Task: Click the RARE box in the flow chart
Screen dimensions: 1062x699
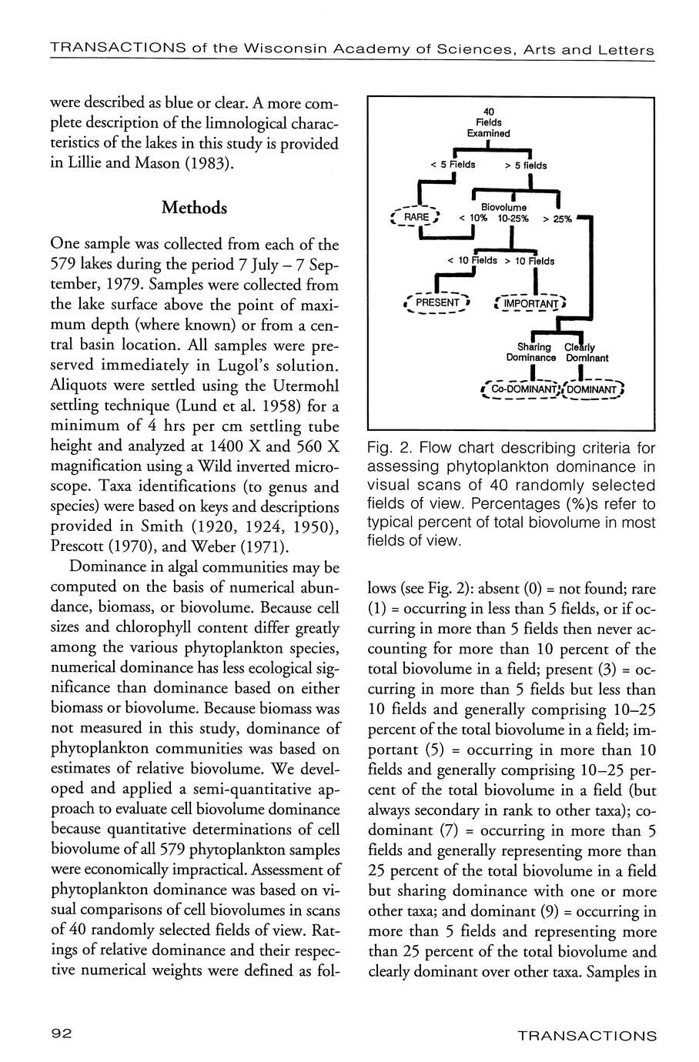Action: [x=415, y=218]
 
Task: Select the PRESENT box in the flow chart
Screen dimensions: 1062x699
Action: [x=436, y=302]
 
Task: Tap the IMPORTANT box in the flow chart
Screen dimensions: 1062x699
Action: [x=530, y=304]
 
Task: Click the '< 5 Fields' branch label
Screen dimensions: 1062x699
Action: [x=453, y=165]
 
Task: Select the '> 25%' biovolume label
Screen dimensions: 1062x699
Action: [x=557, y=219]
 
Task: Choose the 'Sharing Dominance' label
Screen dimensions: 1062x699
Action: [x=530, y=352]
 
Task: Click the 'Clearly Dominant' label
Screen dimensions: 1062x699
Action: [x=587, y=352]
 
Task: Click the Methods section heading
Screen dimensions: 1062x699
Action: [x=194, y=209]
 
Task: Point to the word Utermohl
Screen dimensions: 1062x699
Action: [x=299, y=385]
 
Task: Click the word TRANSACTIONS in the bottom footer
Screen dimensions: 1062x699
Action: [x=587, y=1035]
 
